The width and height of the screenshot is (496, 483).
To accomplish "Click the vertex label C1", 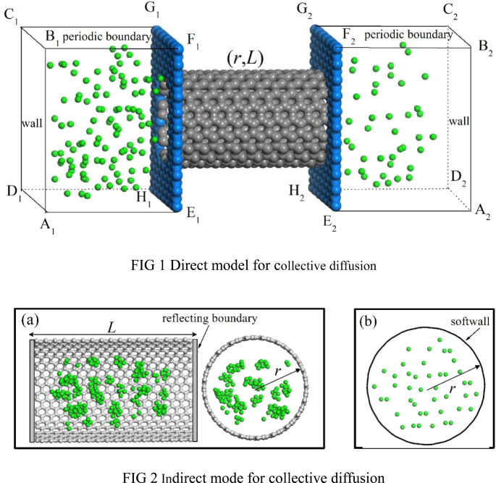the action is point(10,17).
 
